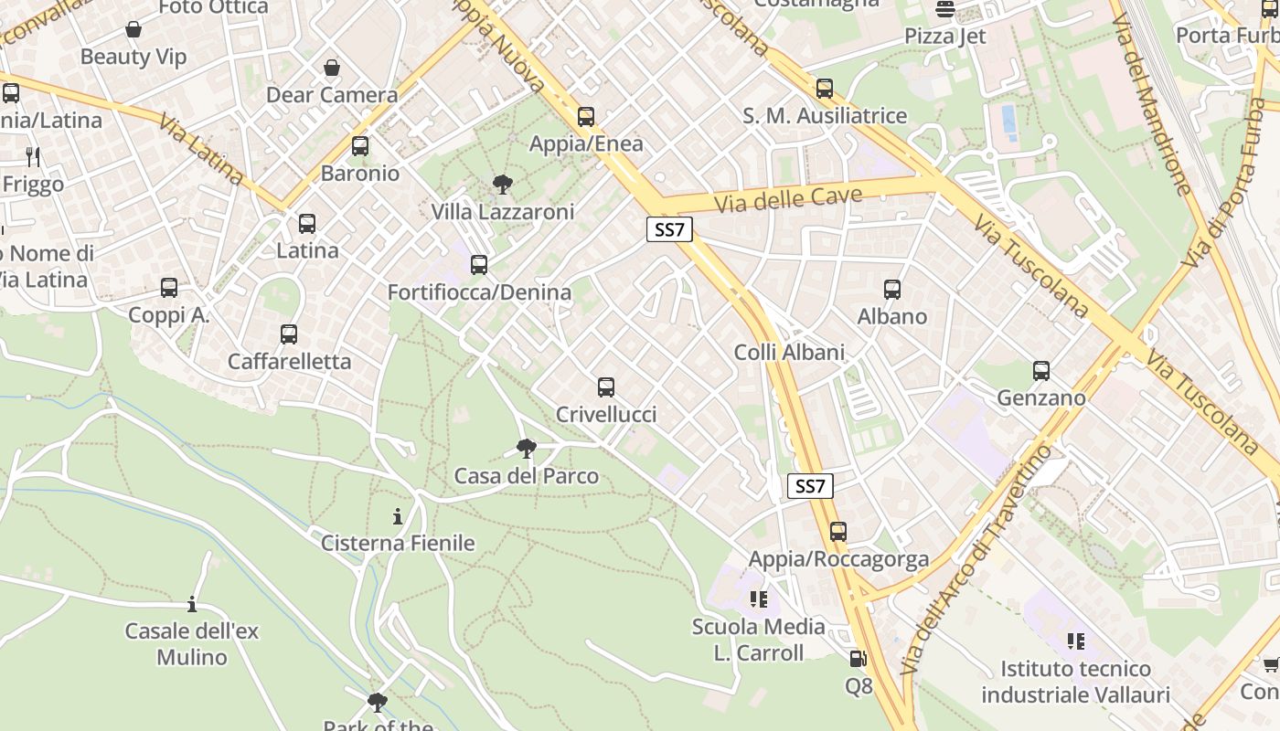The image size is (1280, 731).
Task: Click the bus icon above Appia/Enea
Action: point(586,117)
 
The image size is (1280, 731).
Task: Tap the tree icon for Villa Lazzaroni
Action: point(502,185)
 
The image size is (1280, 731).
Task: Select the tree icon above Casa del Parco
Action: point(526,448)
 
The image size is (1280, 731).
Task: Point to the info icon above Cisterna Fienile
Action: point(398,517)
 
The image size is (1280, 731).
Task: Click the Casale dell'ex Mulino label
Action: point(192,643)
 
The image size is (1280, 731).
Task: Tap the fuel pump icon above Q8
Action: point(858,658)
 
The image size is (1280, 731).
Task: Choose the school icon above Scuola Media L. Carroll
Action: point(758,599)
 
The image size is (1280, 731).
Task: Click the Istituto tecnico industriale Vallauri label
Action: point(1076,682)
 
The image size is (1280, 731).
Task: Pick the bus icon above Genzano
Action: point(1041,371)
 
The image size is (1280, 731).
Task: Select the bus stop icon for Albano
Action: point(892,290)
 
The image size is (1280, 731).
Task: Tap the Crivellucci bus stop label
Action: point(606,415)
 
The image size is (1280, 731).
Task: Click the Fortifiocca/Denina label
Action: point(479,292)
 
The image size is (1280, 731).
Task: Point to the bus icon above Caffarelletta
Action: point(289,334)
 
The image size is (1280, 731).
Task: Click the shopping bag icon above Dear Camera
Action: point(331,68)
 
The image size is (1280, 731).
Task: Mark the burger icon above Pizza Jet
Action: point(945,10)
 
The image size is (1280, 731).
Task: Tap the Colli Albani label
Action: point(789,352)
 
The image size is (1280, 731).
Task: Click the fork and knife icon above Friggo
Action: point(33,157)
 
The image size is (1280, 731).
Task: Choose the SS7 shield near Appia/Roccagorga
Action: point(810,486)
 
